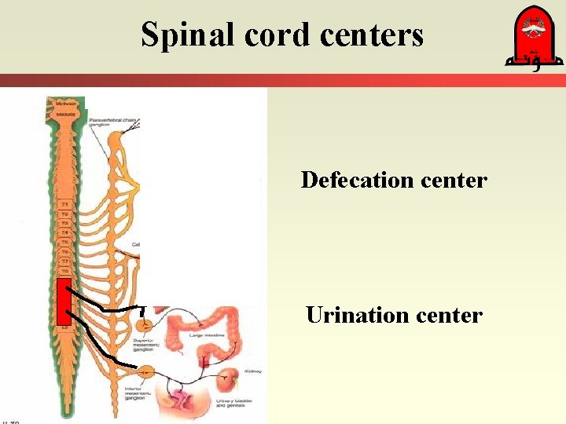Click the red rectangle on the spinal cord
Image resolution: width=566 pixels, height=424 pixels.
pos(64,301)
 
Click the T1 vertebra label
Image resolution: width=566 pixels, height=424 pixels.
pos(64,204)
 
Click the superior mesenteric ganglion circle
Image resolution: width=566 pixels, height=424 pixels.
pos(144,323)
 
